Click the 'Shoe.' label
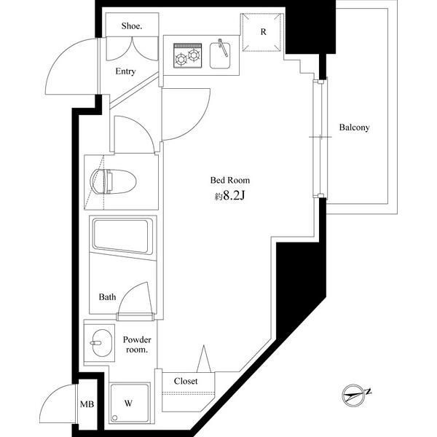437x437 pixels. (x=132, y=26)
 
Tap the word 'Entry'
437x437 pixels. (x=125, y=71)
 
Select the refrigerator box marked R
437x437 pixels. (x=262, y=32)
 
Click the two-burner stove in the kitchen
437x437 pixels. (x=188, y=55)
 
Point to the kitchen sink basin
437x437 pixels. (x=220, y=55)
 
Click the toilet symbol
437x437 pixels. (x=113, y=181)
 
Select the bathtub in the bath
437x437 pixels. (x=122, y=236)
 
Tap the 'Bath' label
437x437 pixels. (x=107, y=297)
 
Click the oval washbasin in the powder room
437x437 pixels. (x=102, y=343)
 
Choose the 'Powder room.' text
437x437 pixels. (x=137, y=345)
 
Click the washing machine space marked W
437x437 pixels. (x=130, y=403)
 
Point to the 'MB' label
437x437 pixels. (x=87, y=404)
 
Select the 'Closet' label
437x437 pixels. (x=186, y=381)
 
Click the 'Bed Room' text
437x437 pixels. (x=230, y=181)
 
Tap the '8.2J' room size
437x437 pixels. (x=234, y=196)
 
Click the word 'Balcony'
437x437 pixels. (x=354, y=127)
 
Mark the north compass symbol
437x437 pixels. (x=355, y=395)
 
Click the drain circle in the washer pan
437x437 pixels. (x=114, y=418)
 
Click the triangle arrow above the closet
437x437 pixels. (x=204, y=358)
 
